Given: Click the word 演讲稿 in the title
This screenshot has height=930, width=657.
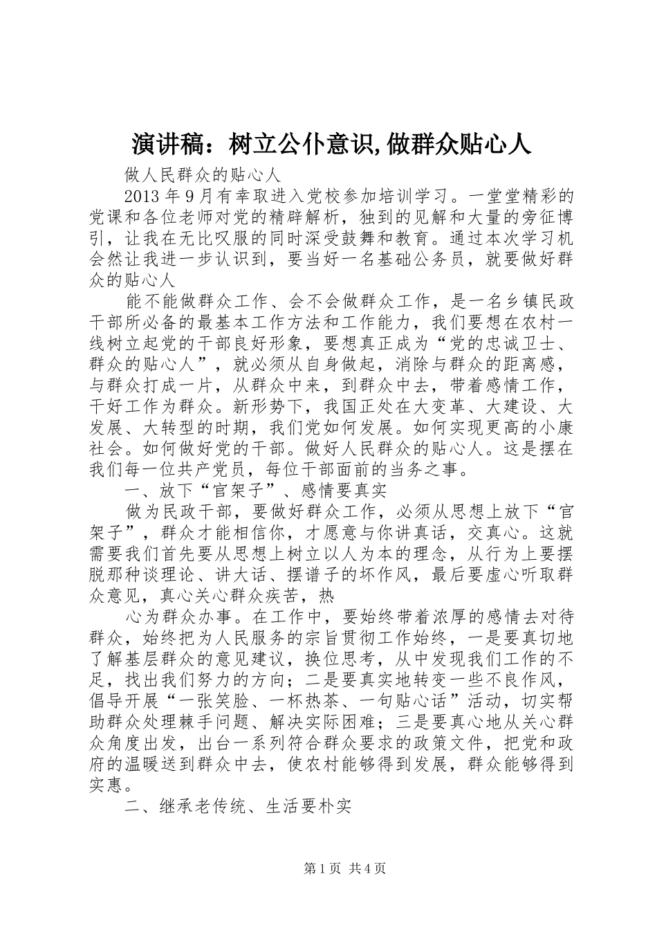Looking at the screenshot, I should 165,143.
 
